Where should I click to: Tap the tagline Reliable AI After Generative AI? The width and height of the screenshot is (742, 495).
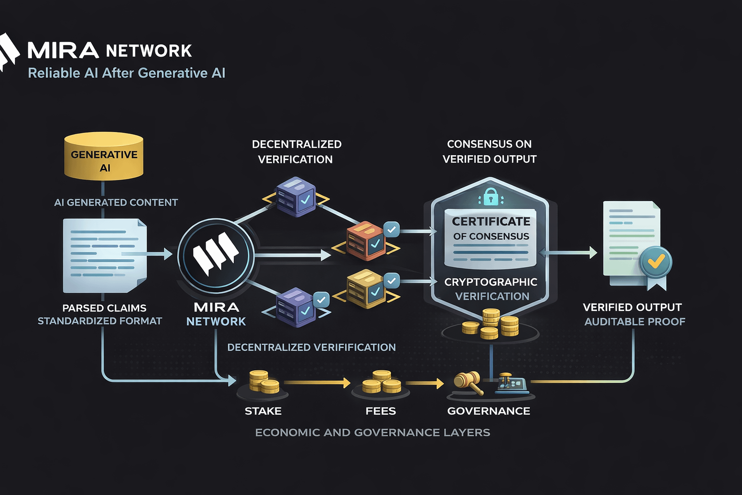(x=127, y=73)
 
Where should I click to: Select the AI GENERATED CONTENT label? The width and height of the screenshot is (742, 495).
(x=116, y=203)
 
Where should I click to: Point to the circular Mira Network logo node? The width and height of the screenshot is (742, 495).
(x=216, y=256)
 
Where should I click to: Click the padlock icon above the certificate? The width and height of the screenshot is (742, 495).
(x=490, y=197)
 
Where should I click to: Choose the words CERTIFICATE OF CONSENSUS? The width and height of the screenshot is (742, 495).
(x=491, y=229)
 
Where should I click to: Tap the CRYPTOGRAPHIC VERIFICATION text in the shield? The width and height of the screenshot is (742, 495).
(x=491, y=289)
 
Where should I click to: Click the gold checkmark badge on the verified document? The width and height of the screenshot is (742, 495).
(x=656, y=262)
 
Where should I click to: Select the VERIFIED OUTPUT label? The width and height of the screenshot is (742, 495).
(x=632, y=307)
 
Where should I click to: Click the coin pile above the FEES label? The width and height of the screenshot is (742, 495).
(x=381, y=382)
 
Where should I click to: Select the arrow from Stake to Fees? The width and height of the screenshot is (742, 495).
(x=317, y=383)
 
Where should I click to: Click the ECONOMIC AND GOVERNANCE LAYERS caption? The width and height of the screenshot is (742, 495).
(x=372, y=433)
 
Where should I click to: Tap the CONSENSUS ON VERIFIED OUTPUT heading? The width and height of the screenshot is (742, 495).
(x=489, y=151)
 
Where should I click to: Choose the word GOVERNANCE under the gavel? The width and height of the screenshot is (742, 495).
(x=488, y=411)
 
